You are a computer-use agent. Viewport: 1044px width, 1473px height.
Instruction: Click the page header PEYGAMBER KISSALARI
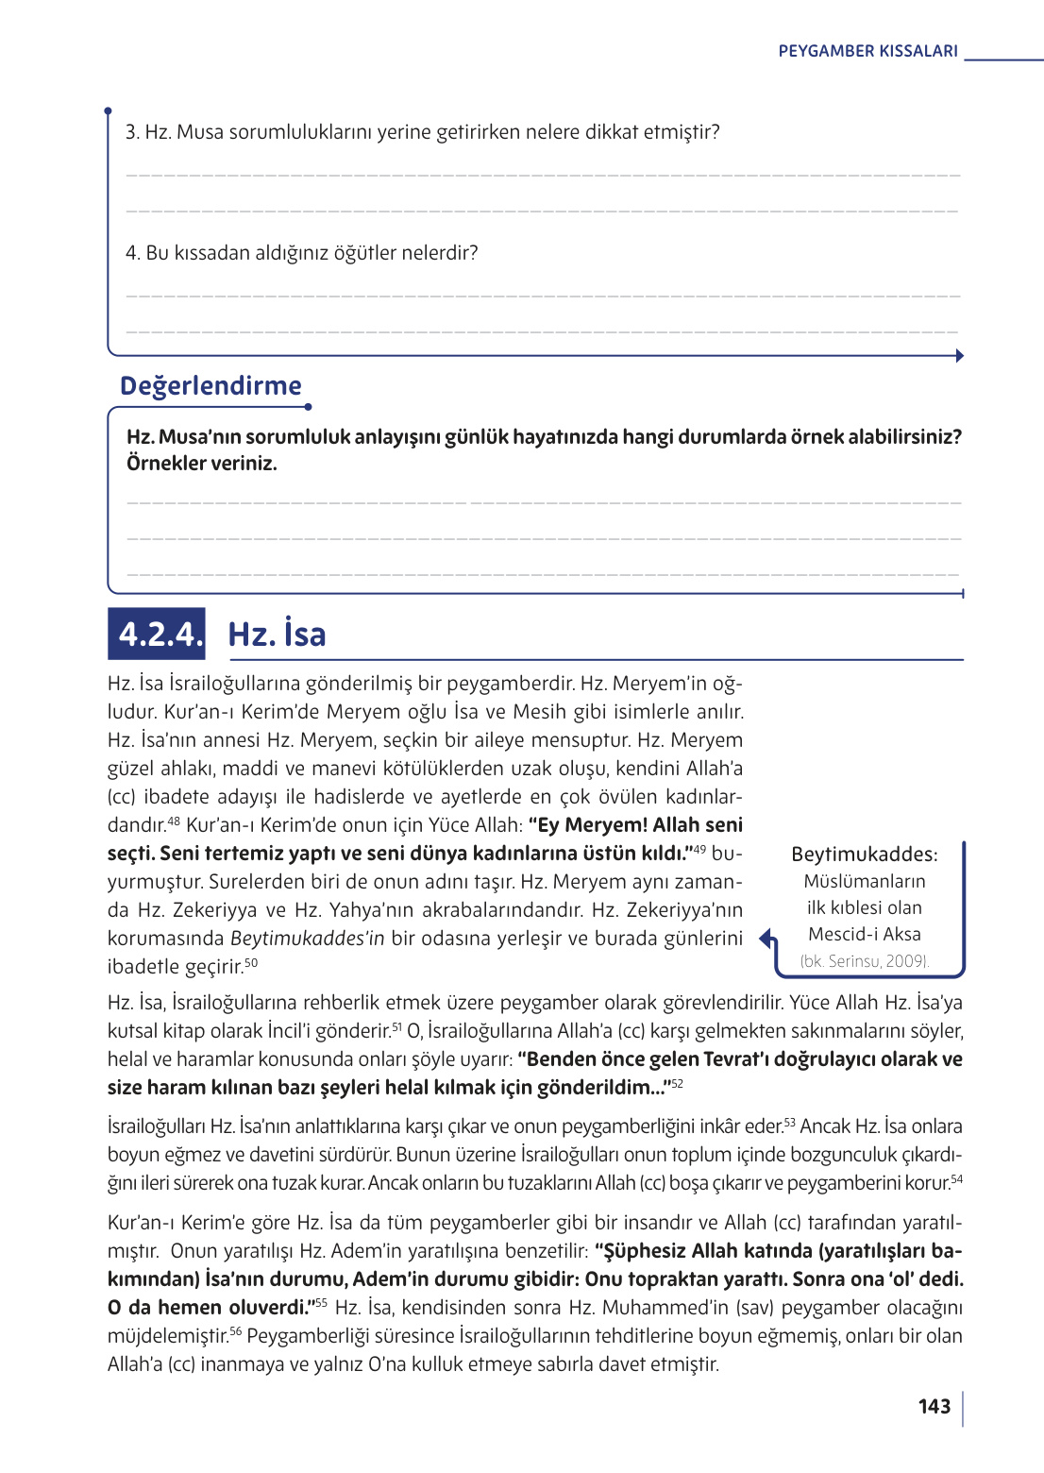[x=867, y=51]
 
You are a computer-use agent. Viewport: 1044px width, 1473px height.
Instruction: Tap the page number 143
[x=934, y=1407]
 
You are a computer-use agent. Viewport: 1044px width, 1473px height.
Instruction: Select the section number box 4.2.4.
[x=157, y=634]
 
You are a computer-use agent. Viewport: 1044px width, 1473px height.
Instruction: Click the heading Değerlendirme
[x=210, y=385]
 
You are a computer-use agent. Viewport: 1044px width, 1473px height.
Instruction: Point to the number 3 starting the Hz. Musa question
[x=131, y=132]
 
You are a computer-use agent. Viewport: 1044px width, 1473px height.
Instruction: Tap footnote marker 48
[x=174, y=821]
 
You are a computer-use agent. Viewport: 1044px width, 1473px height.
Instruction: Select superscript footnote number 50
[x=251, y=962]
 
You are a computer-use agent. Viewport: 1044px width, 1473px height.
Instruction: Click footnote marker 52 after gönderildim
[x=677, y=1083]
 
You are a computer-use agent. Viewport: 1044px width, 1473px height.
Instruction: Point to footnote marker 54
[x=956, y=1178]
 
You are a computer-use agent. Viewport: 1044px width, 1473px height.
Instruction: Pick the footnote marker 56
[x=236, y=1331]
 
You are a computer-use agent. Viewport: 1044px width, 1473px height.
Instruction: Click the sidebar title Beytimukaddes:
[x=864, y=855]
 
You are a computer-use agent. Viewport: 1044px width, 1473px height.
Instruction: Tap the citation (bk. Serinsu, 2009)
[x=864, y=961]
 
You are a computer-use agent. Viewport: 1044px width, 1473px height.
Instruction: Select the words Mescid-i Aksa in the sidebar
[x=864, y=934]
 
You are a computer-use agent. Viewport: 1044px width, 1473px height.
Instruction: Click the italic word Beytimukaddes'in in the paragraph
[x=307, y=939]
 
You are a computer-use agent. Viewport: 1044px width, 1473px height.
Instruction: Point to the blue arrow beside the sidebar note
[x=767, y=939]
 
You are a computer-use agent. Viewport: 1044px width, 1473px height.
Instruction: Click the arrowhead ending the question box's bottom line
[x=959, y=356]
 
